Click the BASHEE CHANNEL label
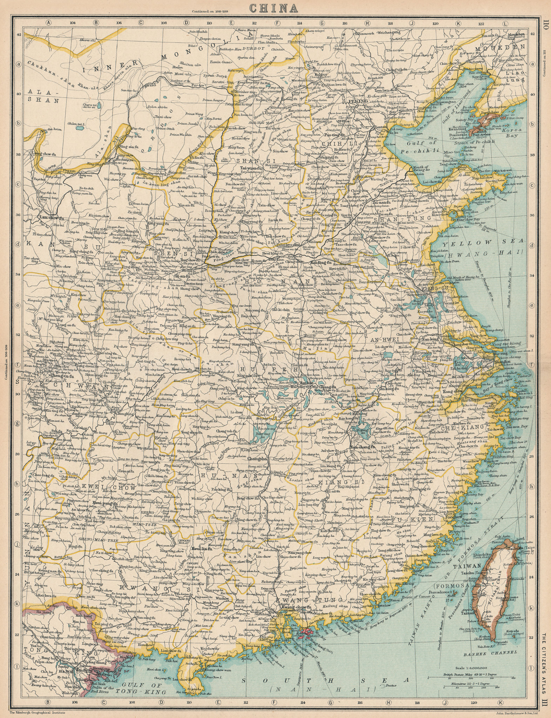point(495,643)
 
